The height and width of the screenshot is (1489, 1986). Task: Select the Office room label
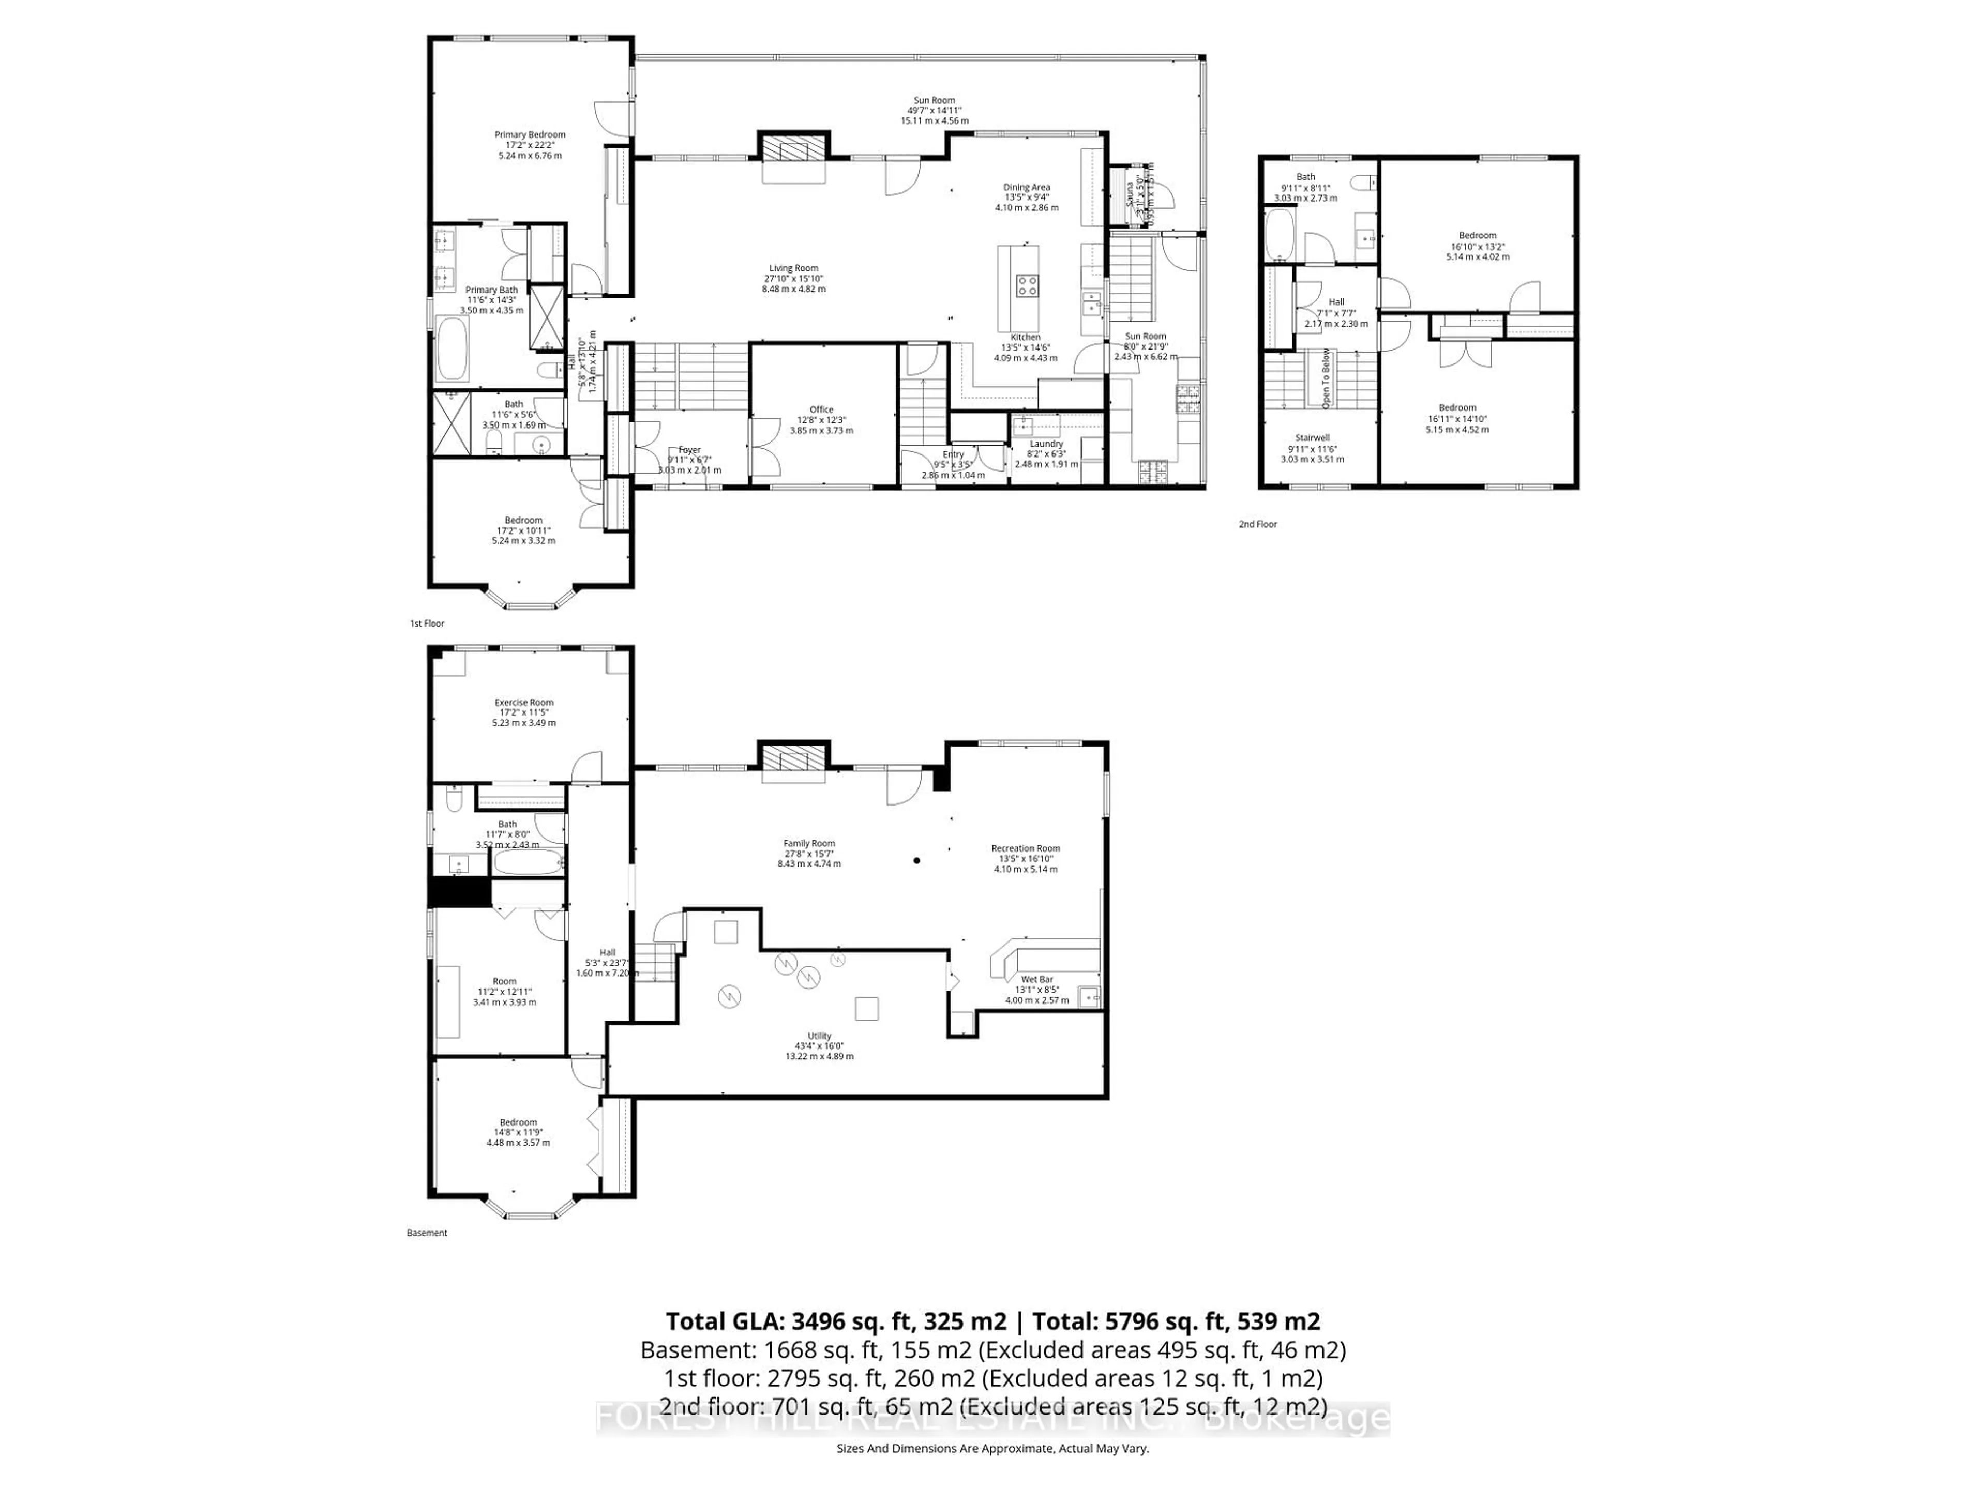pyautogui.click(x=821, y=410)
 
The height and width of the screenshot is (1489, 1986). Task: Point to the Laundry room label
pyautogui.click(x=1046, y=444)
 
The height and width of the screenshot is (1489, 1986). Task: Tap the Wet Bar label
pyautogui.click(x=1037, y=979)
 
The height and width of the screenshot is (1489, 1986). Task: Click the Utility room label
pyautogui.click(x=819, y=1036)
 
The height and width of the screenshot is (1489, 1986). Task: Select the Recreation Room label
pyautogui.click(x=1025, y=848)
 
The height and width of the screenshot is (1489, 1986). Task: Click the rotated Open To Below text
pyautogui.click(x=1325, y=379)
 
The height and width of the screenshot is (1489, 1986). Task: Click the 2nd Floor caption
pyautogui.click(x=1257, y=524)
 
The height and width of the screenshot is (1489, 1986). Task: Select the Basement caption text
pyautogui.click(x=427, y=1233)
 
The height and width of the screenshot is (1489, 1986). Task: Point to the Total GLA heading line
pyautogui.click(x=992, y=1321)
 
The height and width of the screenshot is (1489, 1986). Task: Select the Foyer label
pyautogui.click(x=689, y=450)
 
